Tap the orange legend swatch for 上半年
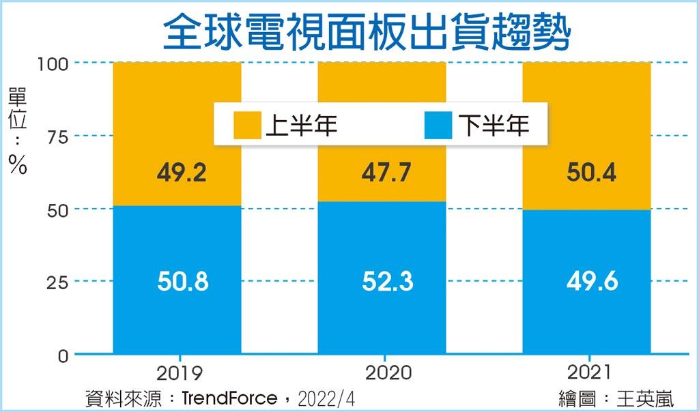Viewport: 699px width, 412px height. click(x=246, y=125)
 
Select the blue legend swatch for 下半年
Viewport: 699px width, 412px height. click(x=438, y=125)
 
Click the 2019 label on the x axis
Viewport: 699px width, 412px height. click(x=180, y=373)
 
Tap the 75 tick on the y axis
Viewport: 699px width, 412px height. click(x=57, y=136)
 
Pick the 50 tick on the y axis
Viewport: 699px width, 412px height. click(x=57, y=209)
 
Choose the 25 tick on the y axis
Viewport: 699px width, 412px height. click(x=57, y=282)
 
